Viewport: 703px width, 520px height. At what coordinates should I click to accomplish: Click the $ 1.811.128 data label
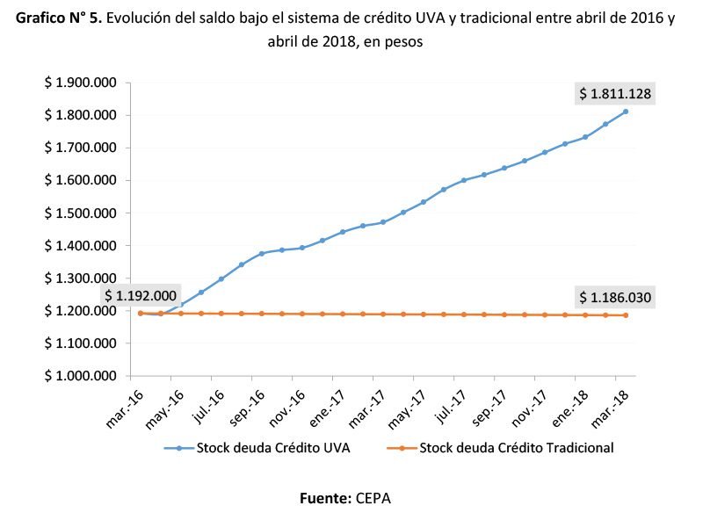pos(614,93)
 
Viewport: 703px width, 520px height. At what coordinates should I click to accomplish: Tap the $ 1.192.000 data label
pos(141,295)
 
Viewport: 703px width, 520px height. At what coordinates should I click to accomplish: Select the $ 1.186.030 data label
pos(614,297)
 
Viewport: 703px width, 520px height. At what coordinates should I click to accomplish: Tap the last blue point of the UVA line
pos(626,112)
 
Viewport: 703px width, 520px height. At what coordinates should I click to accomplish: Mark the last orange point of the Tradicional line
pos(626,315)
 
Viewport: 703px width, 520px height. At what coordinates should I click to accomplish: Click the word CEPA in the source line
pos(373,498)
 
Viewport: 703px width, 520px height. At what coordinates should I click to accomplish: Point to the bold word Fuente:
pos(325,498)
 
